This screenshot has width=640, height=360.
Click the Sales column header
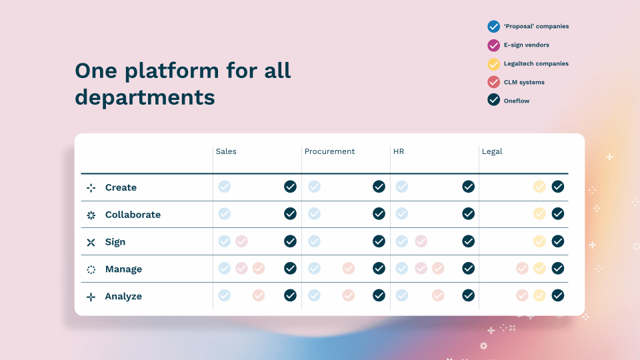pyautogui.click(x=226, y=151)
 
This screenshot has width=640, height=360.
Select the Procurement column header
pyautogui.click(x=329, y=151)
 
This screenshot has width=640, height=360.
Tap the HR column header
pyautogui.click(x=399, y=151)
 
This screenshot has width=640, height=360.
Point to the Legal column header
pyautogui.click(x=492, y=151)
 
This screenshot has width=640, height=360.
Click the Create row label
pyautogui.click(x=121, y=187)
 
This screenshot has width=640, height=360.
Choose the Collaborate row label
pyautogui.click(x=133, y=215)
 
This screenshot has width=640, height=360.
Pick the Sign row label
pyautogui.click(x=115, y=242)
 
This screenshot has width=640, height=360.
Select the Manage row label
pyautogui.click(x=124, y=269)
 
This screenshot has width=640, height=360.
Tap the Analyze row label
pyautogui.click(x=123, y=296)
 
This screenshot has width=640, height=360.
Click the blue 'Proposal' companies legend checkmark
pyautogui.click(x=493, y=27)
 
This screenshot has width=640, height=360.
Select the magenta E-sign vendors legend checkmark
pyautogui.click(x=493, y=45)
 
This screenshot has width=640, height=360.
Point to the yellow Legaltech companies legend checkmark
pyautogui.click(x=493, y=64)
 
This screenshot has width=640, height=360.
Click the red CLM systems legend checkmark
pyautogui.click(x=493, y=82)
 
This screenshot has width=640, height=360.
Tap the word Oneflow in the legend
pyautogui.click(x=516, y=101)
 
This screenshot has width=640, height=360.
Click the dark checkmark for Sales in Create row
pyautogui.click(x=290, y=187)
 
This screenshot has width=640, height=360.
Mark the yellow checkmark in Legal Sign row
pyautogui.click(x=539, y=241)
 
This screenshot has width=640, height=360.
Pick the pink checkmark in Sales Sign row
pyautogui.click(x=241, y=241)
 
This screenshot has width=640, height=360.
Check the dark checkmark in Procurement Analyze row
pyautogui.click(x=379, y=295)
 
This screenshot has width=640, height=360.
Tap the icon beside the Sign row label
pyautogui.click(x=91, y=243)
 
